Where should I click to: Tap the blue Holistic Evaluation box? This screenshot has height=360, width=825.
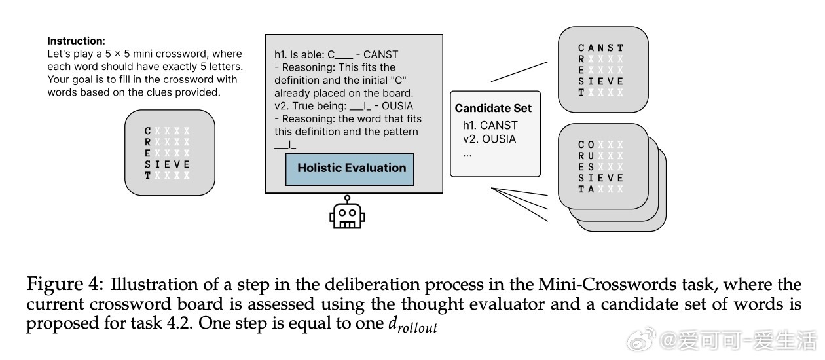click(x=351, y=168)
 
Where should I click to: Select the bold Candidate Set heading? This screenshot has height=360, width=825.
click(x=493, y=108)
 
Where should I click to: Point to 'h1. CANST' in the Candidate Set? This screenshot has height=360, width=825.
click(x=490, y=125)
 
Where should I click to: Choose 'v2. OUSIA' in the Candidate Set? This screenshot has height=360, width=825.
click(x=489, y=139)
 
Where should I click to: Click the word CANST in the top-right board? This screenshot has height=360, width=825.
click(x=600, y=48)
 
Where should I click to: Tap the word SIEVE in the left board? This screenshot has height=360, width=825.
click(x=167, y=164)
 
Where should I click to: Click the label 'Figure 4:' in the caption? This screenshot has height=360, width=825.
click(x=64, y=285)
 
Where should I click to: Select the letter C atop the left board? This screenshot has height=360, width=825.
click(x=148, y=131)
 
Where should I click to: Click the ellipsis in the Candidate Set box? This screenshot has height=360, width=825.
click(x=468, y=154)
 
